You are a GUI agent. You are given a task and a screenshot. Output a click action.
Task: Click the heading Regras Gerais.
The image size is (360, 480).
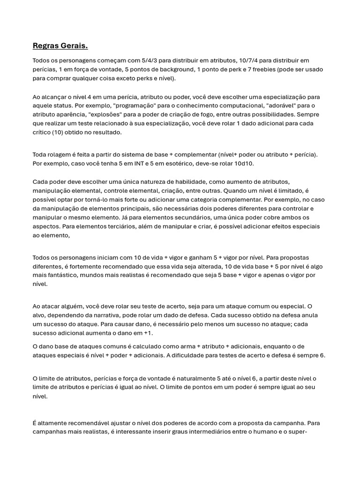[60, 45]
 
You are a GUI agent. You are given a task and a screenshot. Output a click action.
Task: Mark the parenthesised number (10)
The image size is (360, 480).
[60, 132]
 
